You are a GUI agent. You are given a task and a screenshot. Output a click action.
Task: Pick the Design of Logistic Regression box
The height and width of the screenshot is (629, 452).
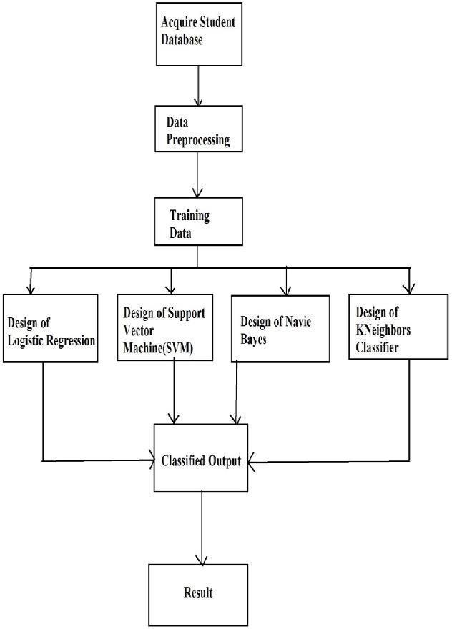49,327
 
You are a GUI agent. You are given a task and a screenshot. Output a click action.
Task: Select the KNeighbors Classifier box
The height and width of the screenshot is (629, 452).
392,327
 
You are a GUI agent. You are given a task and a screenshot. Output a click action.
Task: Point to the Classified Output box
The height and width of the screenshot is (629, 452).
201,457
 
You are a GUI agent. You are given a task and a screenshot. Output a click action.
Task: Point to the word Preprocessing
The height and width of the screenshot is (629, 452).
198,140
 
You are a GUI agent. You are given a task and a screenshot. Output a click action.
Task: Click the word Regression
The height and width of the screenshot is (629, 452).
70,340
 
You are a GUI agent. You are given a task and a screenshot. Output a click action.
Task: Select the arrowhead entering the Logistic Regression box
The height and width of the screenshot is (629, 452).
30,288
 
